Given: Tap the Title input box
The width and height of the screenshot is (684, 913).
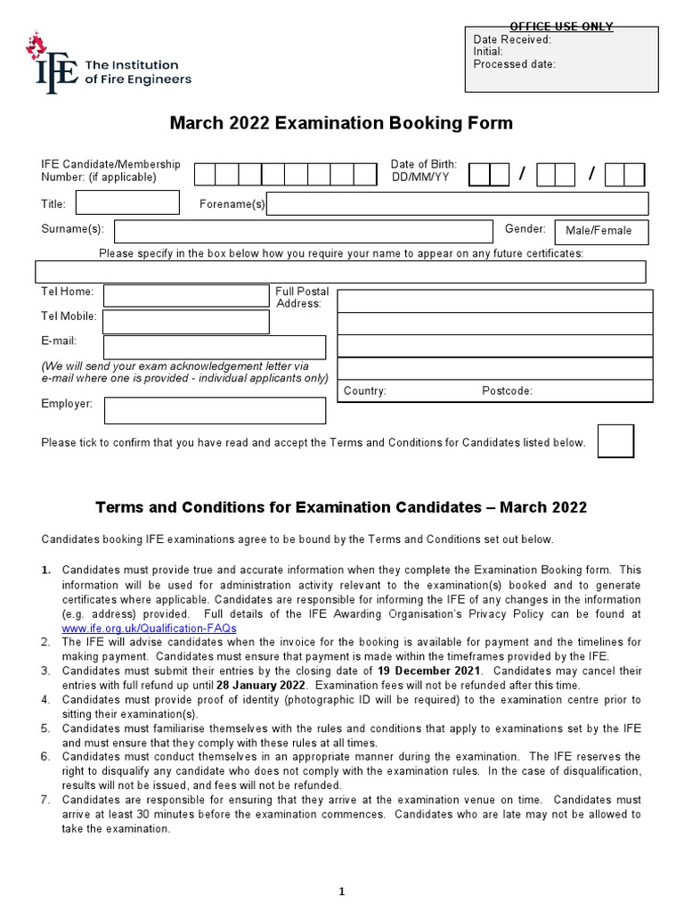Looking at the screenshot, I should [x=127, y=203].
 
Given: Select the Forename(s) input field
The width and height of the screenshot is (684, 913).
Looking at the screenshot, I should [x=459, y=204].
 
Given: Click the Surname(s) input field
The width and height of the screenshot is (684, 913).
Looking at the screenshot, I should [x=303, y=231].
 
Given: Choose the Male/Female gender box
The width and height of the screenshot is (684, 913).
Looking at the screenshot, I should [x=601, y=231].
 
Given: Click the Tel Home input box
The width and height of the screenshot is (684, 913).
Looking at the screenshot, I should [x=186, y=295].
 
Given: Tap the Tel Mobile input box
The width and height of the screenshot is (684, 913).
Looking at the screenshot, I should [x=186, y=321].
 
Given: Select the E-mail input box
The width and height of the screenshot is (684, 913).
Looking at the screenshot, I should [x=215, y=347].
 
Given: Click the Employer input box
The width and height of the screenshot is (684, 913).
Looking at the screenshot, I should [x=215, y=410].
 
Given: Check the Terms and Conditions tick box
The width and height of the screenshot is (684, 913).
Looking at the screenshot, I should [x=615, y=441].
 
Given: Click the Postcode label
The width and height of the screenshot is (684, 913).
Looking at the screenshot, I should [x=507, y=391].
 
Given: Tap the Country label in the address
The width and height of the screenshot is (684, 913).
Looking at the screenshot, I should [x=364, y=391].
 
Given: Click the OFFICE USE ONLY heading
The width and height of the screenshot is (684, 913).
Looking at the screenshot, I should [x=561, y=27].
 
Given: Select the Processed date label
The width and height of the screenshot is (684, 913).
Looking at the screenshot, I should [x=514, y=64].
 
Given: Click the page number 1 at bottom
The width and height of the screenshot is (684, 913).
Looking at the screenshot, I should [x=342, y=891].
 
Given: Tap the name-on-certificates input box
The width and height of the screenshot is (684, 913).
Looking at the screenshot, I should [x=340, y=271].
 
